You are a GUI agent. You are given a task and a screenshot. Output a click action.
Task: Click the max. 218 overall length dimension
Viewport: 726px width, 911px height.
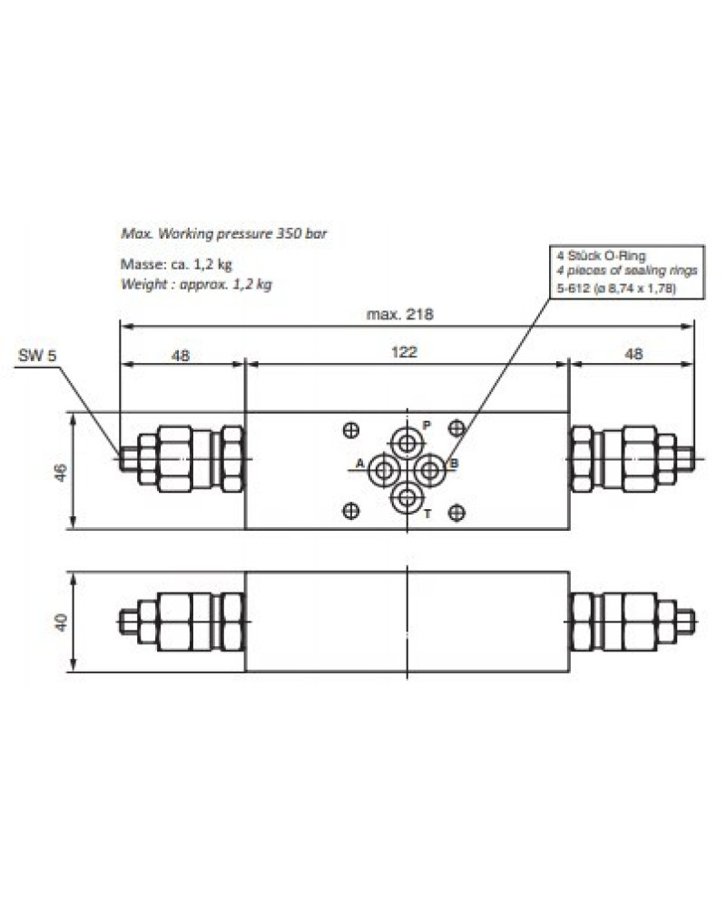400,314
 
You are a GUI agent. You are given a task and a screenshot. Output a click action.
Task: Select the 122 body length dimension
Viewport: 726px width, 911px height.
404,351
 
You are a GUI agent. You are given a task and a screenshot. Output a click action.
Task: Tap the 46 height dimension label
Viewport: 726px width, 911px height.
61,472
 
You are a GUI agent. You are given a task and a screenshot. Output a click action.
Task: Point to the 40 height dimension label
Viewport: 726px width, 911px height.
61,622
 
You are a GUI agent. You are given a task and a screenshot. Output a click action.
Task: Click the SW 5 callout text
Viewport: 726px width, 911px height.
37,355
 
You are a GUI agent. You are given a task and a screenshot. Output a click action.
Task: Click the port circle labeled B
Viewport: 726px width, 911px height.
430,470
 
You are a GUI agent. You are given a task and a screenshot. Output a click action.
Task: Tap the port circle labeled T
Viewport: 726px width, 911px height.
407,498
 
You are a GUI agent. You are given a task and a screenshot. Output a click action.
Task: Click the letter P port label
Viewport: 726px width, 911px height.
427,426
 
